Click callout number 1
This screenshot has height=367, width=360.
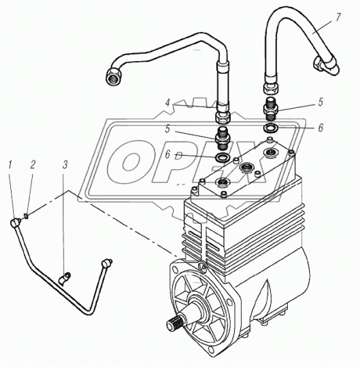(x=10, y=164)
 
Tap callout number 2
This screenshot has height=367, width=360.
(x=33, y=164)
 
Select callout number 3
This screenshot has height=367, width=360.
(x=65, y=164)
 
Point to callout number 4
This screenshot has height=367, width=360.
(x=167, y=103)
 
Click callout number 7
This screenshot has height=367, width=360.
(x=338, y=17)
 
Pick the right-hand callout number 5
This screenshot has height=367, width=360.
(x=321, y=102)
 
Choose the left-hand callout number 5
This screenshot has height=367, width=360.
(x=167, y=129)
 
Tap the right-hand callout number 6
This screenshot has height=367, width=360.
(x=321, y=128)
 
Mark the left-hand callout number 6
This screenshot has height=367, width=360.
(x=167, y=155)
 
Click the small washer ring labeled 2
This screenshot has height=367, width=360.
(x=27, y=215)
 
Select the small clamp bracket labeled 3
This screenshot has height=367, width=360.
(x=64, y=278)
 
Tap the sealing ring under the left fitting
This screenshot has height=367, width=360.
(x=221, y=158)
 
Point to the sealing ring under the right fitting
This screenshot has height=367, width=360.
(x=271, y=128)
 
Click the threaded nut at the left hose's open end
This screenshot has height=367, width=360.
(x=114, y=76)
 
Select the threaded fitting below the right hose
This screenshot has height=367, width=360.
(x=271, y=109)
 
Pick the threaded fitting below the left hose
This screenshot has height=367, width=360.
(x=222, y=139)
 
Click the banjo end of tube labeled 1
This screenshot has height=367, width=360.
(x=15, y=222)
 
